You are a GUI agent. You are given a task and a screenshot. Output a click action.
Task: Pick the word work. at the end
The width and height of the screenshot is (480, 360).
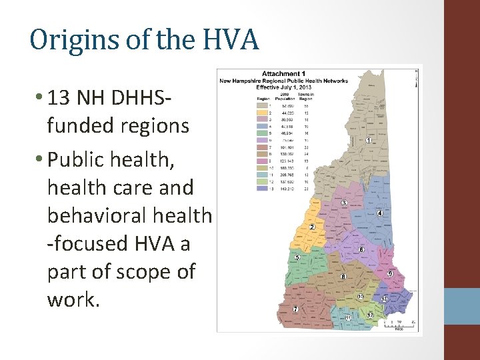coord(73,299)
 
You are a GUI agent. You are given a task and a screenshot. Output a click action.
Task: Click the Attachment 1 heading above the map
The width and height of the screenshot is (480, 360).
coord(283,73)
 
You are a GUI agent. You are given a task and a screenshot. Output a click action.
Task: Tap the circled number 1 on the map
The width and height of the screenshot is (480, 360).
coord(369,141)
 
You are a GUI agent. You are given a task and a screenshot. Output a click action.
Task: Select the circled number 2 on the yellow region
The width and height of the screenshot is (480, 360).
coord(312,227)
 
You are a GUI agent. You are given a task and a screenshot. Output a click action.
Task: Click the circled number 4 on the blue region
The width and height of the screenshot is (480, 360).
coord(379,213)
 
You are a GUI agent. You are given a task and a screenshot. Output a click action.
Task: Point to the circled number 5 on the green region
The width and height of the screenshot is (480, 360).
coord(297,257)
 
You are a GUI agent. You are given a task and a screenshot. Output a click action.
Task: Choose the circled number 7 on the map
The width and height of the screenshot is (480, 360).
coord(295,309)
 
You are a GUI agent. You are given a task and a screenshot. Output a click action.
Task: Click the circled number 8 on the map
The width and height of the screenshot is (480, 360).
coord(343,276)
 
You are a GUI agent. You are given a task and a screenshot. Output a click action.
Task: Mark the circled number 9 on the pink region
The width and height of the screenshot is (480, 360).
coord(391,273)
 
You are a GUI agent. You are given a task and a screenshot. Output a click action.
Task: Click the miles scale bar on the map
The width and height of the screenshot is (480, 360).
coord(399,324)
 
